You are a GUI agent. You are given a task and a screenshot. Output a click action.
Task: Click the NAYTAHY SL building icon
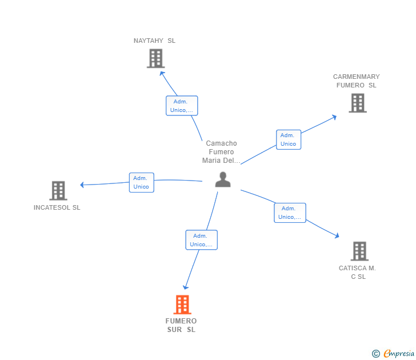(155, 58)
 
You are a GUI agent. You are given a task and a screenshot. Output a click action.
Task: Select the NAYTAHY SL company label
(154, 41)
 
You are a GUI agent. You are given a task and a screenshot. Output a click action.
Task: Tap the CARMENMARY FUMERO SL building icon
(358, 103)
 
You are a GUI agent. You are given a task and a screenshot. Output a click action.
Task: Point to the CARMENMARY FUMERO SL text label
(356, 81)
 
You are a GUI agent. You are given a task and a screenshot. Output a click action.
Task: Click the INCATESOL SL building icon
(58, 190)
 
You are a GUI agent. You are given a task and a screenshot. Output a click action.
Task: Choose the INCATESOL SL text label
(57, 207)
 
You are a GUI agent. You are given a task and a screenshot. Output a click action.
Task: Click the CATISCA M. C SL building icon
(359, 251)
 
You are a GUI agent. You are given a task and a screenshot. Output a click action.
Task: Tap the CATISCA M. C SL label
(357, 272)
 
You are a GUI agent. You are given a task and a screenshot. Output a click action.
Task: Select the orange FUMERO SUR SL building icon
(182, 305)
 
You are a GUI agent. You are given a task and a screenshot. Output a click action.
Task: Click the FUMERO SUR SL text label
(181, 325)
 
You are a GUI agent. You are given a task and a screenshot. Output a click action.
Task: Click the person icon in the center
(222, 179)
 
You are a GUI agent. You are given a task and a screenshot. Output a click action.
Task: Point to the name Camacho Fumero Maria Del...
(221, 152)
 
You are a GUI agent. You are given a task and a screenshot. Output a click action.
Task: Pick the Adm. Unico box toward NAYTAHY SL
(182, 106)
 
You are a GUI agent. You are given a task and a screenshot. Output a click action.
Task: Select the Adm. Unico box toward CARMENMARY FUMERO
(289, 139)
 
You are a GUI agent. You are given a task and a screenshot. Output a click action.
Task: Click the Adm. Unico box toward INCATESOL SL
(141, 182)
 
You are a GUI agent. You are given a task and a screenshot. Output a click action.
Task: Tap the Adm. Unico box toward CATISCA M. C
(290, 213)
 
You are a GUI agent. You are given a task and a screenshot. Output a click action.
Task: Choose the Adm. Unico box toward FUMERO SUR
(201, 240)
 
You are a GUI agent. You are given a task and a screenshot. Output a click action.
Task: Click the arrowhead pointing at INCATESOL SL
(82, 185)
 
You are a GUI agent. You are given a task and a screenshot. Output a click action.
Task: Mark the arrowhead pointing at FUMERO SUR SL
(185, 287)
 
